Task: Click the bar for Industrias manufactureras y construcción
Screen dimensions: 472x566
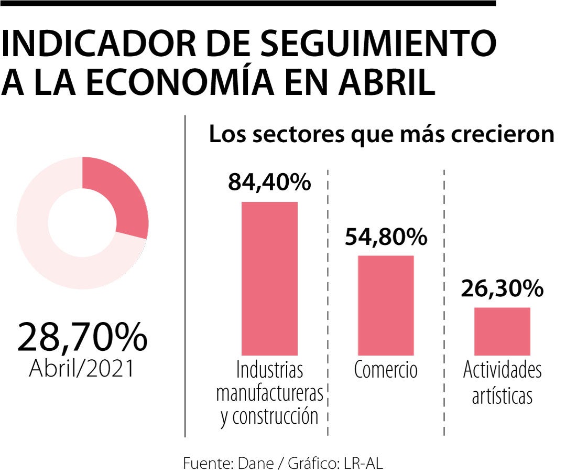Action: pos(269,278)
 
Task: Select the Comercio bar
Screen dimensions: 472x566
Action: pos(386,305)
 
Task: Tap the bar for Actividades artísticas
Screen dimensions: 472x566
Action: pos(502,331)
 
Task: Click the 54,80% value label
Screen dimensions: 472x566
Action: pos(386,237)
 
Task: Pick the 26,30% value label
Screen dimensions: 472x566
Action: pos(502,288)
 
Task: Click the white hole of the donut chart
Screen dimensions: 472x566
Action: pos(82,223)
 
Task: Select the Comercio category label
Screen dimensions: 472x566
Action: pos(386,370)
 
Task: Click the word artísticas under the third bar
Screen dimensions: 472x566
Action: pos(502,396)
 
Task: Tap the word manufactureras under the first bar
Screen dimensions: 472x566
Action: pos(269,393)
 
